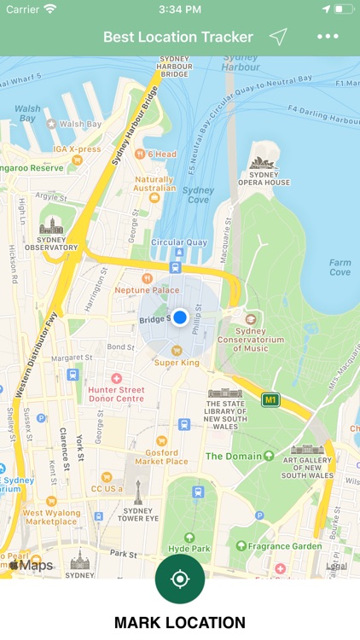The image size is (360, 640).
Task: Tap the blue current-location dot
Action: [x=179, y=317]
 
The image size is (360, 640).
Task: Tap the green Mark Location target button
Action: [x=179, y=579]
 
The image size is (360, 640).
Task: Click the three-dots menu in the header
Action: [x=328, y=37]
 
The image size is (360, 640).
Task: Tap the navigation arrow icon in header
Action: [x=278, y=37]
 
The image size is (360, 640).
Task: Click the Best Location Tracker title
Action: [x=178, y=37]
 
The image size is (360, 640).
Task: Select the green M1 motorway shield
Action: [x=270, y=399]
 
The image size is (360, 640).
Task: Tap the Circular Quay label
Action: [x=178, y=242]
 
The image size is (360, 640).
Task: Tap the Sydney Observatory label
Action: [x=49, y=242]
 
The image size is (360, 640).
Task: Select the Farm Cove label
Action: [x=340, y=267]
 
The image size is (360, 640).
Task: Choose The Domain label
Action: [x=233, y=456]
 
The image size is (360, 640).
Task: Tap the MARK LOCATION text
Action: [x=179, y=623]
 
